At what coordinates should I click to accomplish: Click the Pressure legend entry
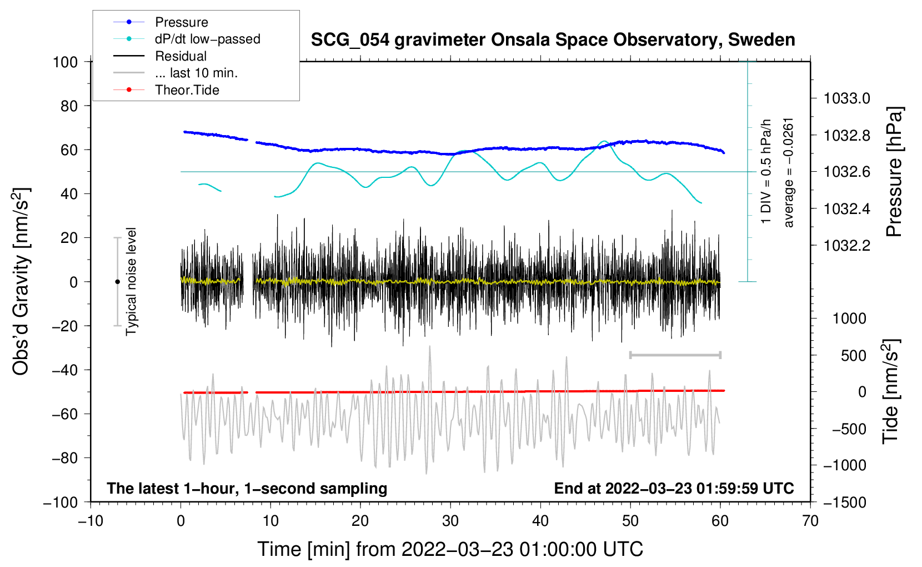(181, 22)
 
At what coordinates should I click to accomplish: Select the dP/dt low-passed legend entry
(207, 39)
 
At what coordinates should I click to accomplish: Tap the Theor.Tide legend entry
(187, 90)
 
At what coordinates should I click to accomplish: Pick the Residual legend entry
(181, 56)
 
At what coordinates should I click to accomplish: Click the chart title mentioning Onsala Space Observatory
(553, 40)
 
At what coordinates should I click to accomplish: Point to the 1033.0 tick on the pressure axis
(847, 99)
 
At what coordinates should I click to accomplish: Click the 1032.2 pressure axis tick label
(847, 245)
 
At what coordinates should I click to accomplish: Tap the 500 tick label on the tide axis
(854, 355)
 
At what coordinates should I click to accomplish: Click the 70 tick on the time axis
(810, 521)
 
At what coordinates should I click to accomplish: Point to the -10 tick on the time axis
(91, 521)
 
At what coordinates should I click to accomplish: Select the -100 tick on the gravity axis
(61, 502)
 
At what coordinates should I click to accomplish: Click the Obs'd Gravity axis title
(21, 281)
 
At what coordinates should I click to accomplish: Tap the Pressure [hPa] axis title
(894, 172)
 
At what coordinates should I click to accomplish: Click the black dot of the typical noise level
(117, 282)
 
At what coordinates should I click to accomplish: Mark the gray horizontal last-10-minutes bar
(675, 355)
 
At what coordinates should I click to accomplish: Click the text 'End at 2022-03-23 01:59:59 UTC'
(674, 488)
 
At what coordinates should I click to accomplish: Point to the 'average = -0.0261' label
(789, 172)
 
